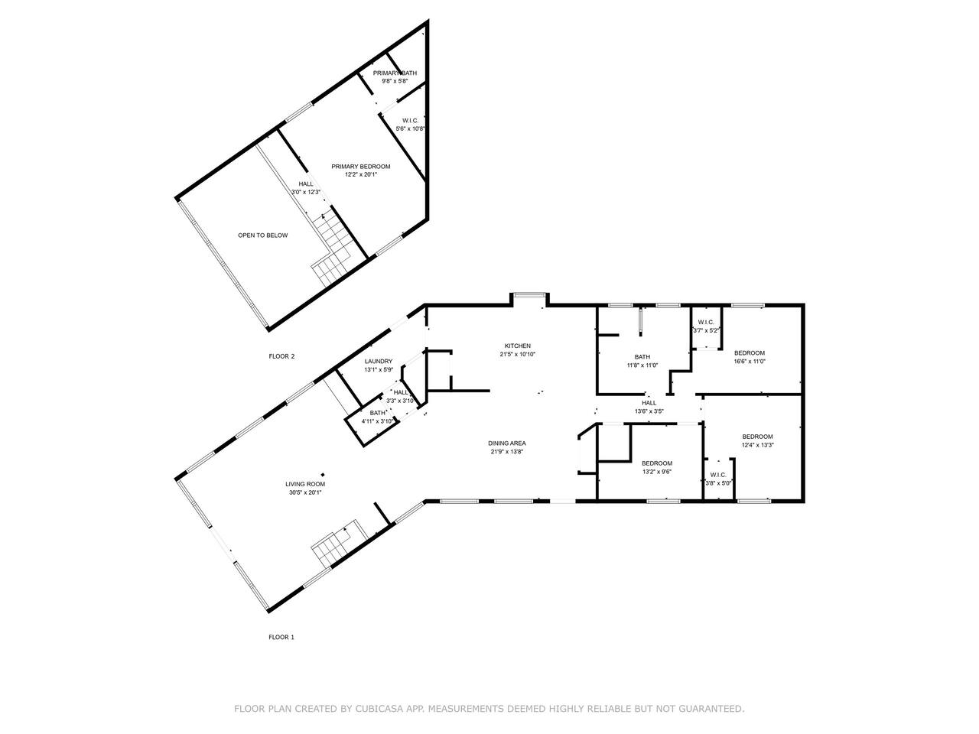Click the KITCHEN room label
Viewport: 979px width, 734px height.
[x=517, y=346]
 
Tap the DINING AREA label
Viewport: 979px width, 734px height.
[x=506, y=443]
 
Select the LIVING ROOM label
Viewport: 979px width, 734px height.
[x=305, y=484]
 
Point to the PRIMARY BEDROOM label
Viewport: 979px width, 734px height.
[x=360, y=166]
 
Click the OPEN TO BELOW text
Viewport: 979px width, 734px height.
[x=262, y=235]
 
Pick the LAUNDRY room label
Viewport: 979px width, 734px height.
[x=379, y=362]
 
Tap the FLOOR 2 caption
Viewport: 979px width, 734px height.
[x=281, y=356]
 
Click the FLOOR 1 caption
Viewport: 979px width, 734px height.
[x=281, y=637]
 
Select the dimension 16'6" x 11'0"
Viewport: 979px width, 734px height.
[x=750, y=362]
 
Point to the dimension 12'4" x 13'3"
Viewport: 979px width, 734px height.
[x=757, y=445]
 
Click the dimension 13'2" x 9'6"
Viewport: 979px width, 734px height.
[x=656, y=472]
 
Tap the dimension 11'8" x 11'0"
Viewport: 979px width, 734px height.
[x=642, y=365]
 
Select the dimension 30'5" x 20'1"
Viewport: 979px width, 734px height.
[x=305, y=492]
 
